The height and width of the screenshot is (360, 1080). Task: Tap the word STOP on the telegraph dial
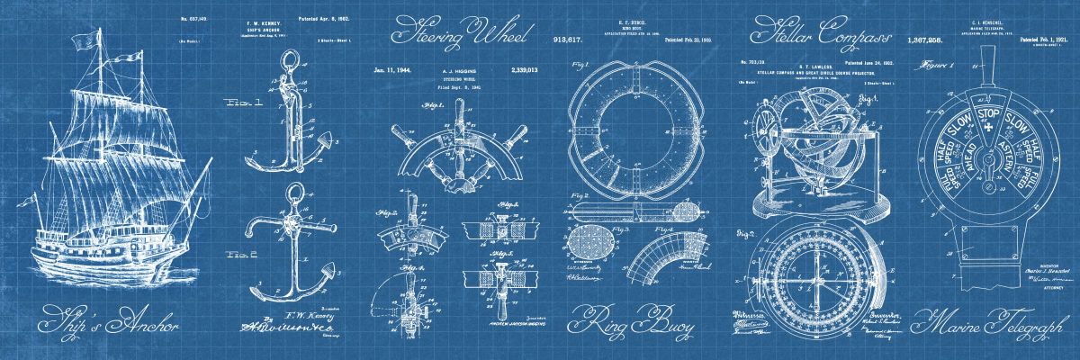click(990, 115)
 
